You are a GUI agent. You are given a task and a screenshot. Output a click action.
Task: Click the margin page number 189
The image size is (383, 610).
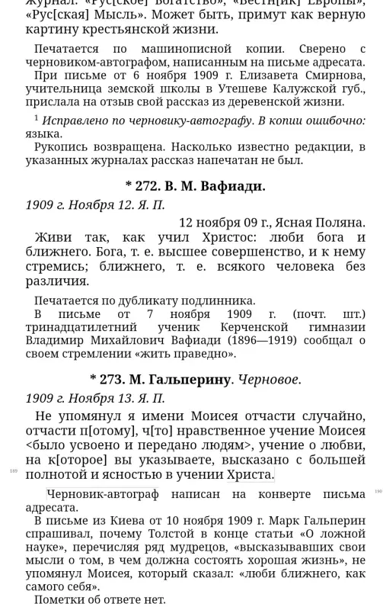13,471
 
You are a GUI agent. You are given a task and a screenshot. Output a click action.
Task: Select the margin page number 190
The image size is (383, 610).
378,492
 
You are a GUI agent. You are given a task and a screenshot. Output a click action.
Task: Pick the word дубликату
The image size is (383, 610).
144,300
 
